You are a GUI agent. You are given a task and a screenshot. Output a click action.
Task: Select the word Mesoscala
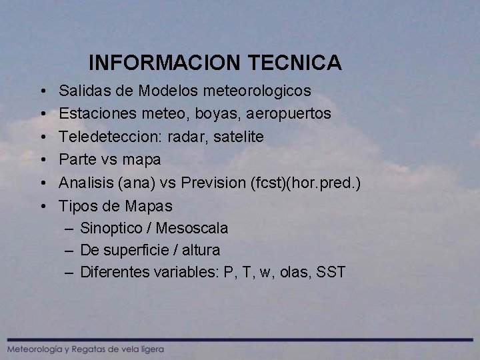point(192,229)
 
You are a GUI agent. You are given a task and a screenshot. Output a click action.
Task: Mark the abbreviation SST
point(331,272)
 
